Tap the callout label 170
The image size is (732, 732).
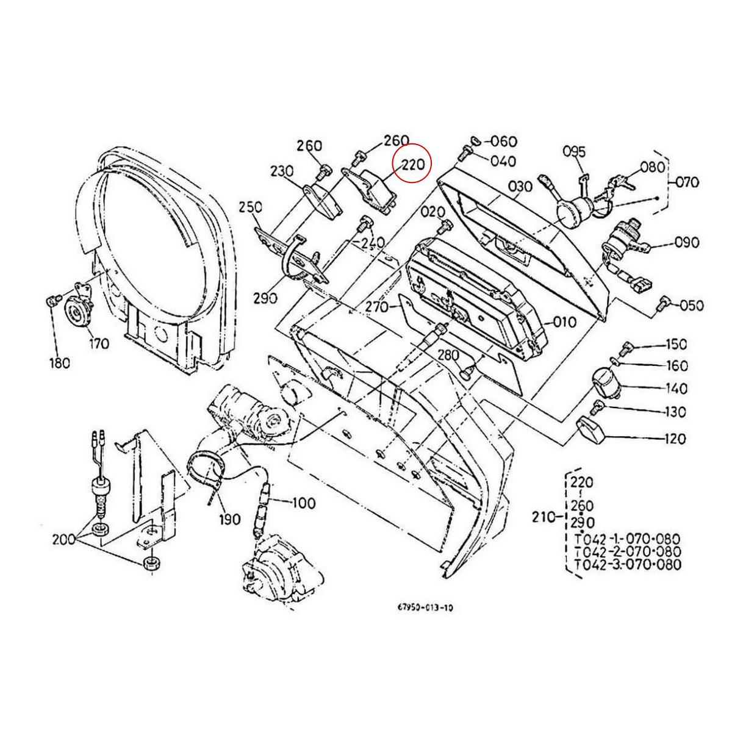point(98,343)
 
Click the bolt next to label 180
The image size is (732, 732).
point(53,300)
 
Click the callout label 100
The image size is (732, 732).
point(303,503)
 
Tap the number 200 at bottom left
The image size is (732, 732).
point(64,539)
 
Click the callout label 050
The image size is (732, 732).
point(691,305)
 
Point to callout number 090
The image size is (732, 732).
point(687,243)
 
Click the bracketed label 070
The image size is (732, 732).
point(687,182)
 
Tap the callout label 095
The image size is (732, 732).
point(573,151)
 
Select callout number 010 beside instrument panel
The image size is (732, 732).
point(565,321)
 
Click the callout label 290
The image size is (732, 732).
point(265,298)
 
